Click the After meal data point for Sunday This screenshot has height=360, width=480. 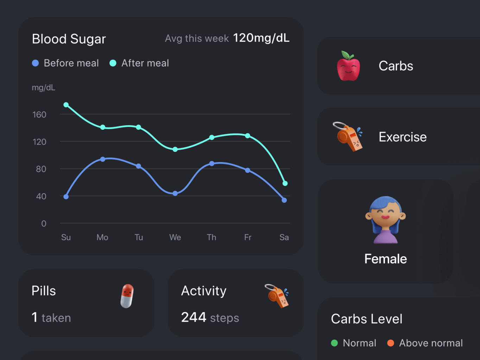coord(66,105)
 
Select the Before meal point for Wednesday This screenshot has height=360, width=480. coord(175,193)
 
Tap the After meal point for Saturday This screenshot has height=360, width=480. coord(285,184)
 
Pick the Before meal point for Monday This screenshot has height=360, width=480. coord(103,159)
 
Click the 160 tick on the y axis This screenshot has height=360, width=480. coord(39,115)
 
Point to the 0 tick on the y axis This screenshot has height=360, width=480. coord(44,224)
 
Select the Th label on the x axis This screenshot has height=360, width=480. coord(211,237)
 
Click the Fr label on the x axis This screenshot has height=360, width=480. coord(248,237)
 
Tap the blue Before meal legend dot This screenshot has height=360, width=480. coord(35,63)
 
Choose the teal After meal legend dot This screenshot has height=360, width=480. coord(113,63)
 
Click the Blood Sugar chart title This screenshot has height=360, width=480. coord(69,39)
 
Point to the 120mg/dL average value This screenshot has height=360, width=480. coord(261,38)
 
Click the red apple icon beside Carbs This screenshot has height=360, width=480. coord(348,66)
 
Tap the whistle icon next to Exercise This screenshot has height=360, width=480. coord(348,136)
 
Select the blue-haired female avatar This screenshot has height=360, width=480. coord(385,220)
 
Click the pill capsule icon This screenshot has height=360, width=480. coord(127,296)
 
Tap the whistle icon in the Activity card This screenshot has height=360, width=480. coord(277,296)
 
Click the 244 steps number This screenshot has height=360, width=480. coord(194,317)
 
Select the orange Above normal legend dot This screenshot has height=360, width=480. coord(391,343)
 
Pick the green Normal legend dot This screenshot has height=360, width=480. coord(334,343)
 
